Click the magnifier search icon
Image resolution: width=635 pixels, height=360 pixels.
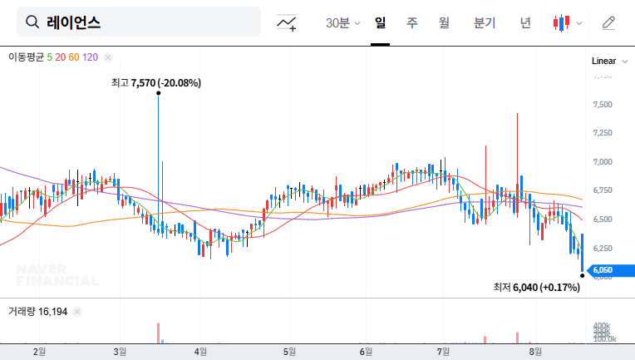tap(32, 22)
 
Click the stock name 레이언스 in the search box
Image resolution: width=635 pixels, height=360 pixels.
tap(74, 22)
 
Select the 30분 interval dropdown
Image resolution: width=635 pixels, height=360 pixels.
tap(343, 22)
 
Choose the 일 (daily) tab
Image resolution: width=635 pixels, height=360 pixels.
tap(380, 22)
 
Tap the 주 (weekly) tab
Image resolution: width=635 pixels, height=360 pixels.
tap(412, 22)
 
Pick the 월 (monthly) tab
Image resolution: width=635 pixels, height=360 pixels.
tap(444, 22)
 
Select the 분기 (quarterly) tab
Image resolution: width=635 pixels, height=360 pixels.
tap(484, 22)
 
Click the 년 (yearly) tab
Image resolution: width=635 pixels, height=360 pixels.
tap(525, 22)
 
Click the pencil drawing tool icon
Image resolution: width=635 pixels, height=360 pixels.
tap(608, 22)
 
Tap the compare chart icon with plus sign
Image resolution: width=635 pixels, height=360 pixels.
tap(287, 23)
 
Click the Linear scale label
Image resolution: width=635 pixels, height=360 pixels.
tap(603, 61)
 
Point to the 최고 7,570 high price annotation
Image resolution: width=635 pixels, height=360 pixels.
tap(156, 83)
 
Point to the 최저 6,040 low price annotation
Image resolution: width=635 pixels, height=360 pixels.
tap(535, 287)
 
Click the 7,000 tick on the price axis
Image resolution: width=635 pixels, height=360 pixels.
tap(603, 162)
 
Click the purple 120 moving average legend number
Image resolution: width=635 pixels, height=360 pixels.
tap(91, 57)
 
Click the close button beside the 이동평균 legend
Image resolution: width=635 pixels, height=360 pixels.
tap(108, 57)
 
